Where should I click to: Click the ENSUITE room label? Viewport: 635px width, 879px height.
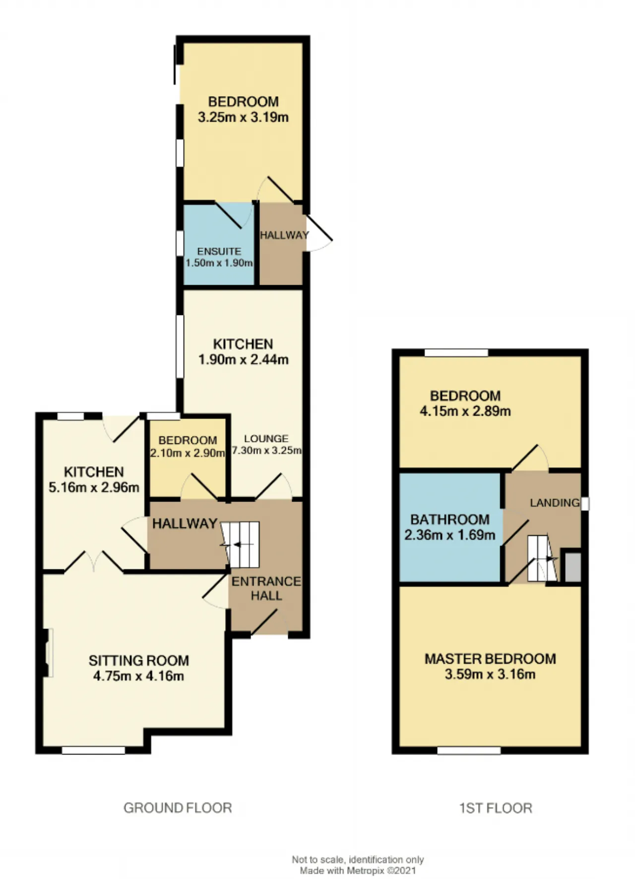click(219, 251)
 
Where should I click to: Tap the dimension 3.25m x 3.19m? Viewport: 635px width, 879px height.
click(243, 118)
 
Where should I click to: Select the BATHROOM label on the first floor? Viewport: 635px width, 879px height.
click(450, 519)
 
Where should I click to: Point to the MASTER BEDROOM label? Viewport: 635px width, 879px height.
click(490, 659)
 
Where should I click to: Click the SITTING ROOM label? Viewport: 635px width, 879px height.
click(139, 661)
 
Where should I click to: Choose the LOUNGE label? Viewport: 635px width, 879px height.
click(266, 439)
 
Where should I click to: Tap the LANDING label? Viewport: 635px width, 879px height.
click(555, 502)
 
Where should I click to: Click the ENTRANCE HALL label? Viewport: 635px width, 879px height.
click(266, 588)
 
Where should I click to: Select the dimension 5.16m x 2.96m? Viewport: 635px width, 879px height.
click(94, 488)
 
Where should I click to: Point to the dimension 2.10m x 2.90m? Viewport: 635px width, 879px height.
click(188, 453)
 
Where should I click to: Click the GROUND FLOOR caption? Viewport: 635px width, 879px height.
click(178, 808)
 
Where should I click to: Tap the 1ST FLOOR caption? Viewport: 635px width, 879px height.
click(496, 808)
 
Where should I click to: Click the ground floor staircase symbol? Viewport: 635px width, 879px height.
click(240, 545)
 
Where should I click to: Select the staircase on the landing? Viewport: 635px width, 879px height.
click(542, 558)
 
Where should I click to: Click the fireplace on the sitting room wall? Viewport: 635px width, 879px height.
click(49, 652)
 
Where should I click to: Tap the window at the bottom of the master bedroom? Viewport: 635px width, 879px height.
click(469, 751)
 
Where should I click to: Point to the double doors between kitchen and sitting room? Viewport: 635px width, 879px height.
click(94, 562)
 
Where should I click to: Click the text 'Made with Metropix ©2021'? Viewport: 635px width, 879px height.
click(358, 871)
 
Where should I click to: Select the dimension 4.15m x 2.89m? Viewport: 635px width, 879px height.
click(465, 411)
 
